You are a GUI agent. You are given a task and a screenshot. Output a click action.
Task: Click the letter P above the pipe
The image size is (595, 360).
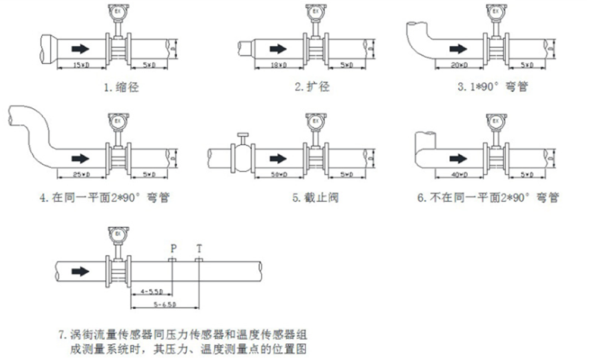(173, 247)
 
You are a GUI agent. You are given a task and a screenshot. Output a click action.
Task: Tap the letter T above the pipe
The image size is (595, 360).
(199, 247)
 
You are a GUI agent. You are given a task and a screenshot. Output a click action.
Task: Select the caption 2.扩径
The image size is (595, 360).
(312, 87)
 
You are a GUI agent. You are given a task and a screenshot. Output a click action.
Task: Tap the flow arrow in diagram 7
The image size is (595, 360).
(80, 271)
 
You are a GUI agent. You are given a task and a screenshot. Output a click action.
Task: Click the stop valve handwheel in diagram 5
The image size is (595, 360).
(243, 136)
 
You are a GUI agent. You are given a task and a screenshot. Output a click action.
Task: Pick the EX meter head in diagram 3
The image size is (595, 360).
(496, 11)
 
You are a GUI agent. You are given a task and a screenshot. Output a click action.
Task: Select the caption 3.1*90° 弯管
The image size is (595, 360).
(492, 87)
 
